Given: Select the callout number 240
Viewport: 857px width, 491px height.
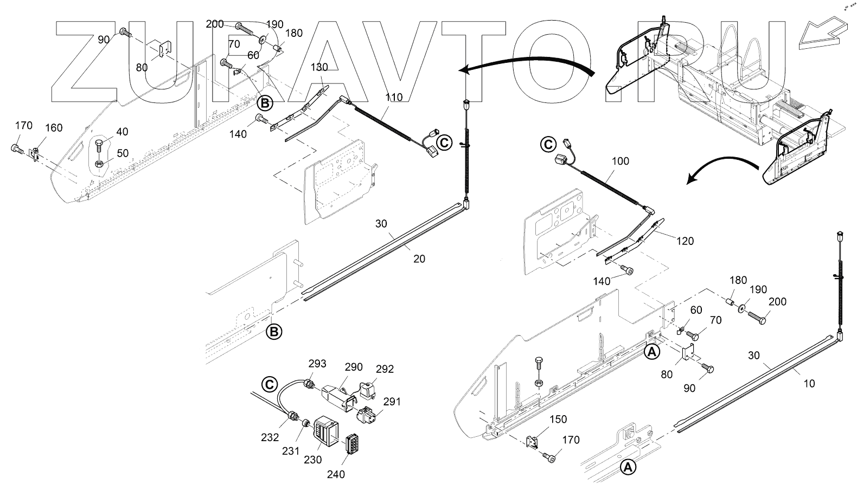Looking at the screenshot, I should (336, 474).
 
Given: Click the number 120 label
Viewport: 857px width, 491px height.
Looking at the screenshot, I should (685, 241).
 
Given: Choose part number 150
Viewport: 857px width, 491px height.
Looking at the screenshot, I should (558, 420).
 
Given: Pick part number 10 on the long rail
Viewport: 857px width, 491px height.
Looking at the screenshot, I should (809, 384).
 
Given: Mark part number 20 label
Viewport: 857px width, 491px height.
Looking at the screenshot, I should (419, 259).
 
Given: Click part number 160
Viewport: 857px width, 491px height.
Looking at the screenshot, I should (53, 128).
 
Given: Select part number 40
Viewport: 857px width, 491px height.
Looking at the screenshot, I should (121, 132).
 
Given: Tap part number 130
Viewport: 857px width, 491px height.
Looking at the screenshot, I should (319, 67).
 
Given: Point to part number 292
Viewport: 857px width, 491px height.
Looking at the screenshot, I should (385, 370).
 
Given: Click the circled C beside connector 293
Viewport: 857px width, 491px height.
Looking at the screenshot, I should (269, 384).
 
